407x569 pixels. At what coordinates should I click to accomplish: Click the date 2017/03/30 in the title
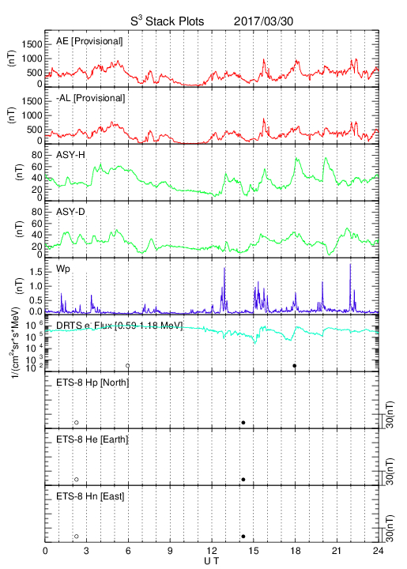(263, 21)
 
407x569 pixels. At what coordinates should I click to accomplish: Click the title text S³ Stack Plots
(168, 21)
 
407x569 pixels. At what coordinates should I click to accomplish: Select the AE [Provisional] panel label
(89, 41)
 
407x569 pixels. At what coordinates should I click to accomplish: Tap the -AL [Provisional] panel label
(90, 98)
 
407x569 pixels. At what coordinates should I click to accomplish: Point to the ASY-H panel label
(70, 155)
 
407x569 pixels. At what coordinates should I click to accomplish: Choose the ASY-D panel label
(70, 212)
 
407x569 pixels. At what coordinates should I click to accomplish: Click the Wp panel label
(63, 269)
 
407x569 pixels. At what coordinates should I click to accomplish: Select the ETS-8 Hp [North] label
(92, 382)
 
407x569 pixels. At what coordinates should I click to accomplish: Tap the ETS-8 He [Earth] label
(92, 439)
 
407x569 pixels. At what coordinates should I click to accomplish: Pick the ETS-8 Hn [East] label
(90, 496)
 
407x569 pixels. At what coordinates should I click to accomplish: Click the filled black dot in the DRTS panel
(295, 366)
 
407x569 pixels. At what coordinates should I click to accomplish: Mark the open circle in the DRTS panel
(128, 366)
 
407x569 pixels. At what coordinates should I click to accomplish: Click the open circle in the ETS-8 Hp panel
(77, 423)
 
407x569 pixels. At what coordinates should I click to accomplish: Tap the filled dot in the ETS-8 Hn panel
(243, 537)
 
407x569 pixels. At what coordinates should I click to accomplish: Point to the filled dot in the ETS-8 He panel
(243, 480)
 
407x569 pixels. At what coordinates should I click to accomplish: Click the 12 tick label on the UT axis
(212, 551)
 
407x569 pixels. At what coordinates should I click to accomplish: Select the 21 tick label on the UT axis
(337, 551)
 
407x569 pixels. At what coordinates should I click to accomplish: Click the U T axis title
(212, 561)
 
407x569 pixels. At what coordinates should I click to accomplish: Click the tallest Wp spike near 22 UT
(350, 264)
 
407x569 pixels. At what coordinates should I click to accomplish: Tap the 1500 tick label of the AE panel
(32, 44)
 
